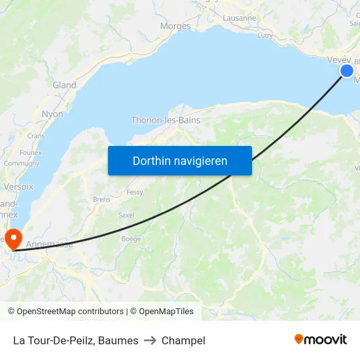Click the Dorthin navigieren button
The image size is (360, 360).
(x=180, y=160)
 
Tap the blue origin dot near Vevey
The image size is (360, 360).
(x=347, y=71)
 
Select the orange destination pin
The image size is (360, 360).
(x=13, y=237)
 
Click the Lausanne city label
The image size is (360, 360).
(x=240, y=18)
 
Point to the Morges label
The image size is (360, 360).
(x=175, y=26)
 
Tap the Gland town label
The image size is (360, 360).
(x=64, y=85)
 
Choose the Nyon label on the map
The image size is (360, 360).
(x=52, y=114)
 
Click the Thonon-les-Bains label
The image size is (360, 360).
(x=166, y=120)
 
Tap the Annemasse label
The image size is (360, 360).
(x=50, y=244)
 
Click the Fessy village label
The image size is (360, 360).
(x=135, y=192)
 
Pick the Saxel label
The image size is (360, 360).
(x=126, y=215)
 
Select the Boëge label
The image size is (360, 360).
(x=131, y=239)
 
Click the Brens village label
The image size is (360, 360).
(x=101, y=199)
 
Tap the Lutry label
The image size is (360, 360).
(x=265, y=36)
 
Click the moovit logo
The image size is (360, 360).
(x=321, y=339)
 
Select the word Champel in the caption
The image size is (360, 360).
(x=183, y=340)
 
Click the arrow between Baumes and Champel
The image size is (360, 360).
(x=150, y=340)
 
